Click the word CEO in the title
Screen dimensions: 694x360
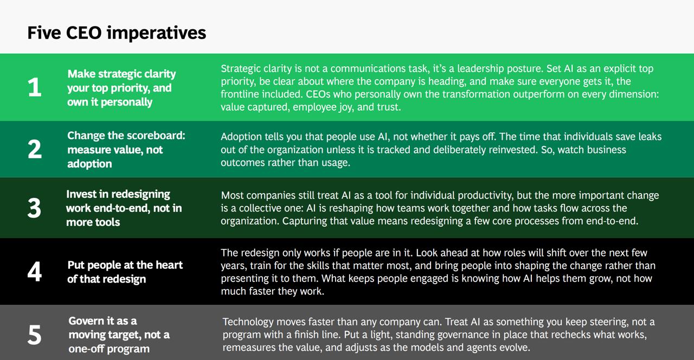pyautogui.click(x=83, y=33)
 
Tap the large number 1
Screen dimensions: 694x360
pyautogui.click(x=34, y=87)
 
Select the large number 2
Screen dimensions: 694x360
pyautogui.click(x=34, y=149)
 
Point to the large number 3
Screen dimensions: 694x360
pyautogui.click(x=34, y=208)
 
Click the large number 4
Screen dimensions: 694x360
pyautogui.click(x=34, y=272)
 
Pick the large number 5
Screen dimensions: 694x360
pyautogui.click(x=34, y=335)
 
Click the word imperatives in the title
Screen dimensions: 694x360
pyautogui.click(x=156, y=33)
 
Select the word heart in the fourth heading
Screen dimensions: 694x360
pyautogui.click(x=169, y=265)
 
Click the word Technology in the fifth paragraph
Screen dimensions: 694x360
pyautogui.click(x=248, y=322)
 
